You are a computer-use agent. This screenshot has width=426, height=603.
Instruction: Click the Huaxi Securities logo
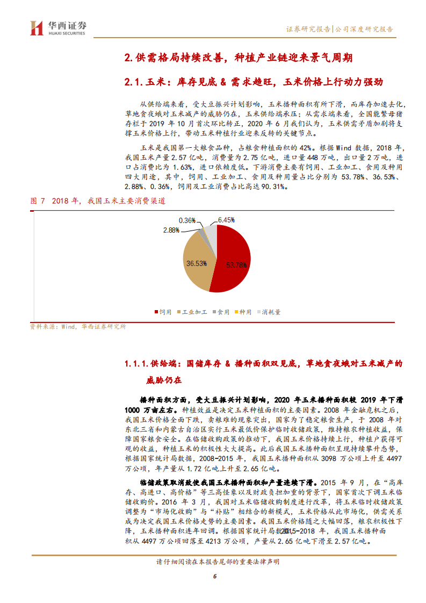[x=57, y=28]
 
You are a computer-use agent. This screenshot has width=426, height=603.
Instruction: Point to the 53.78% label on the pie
[x=237, y=265]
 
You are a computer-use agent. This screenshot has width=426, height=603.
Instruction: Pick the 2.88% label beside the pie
[x=171, y=231]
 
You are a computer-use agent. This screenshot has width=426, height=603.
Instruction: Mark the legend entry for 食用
[x=221, y=312]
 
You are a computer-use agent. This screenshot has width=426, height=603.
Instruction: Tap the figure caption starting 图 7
[x=98, y=201]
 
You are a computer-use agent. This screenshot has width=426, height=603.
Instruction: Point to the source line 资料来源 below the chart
[x=77, y=326]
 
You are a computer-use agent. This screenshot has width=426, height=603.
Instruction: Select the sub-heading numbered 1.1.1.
[x=263, y=364]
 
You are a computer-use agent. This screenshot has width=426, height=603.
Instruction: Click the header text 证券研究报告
[x=308, y=30]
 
